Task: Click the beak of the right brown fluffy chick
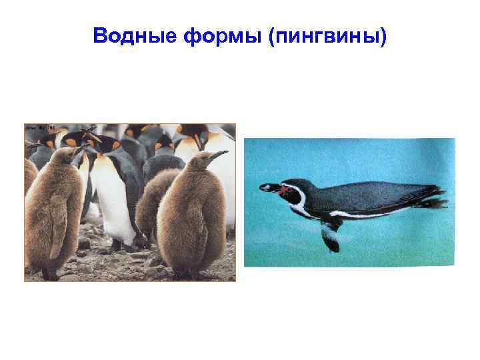click(x=219, y=155)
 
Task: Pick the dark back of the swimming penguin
click(x=373, y=193)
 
